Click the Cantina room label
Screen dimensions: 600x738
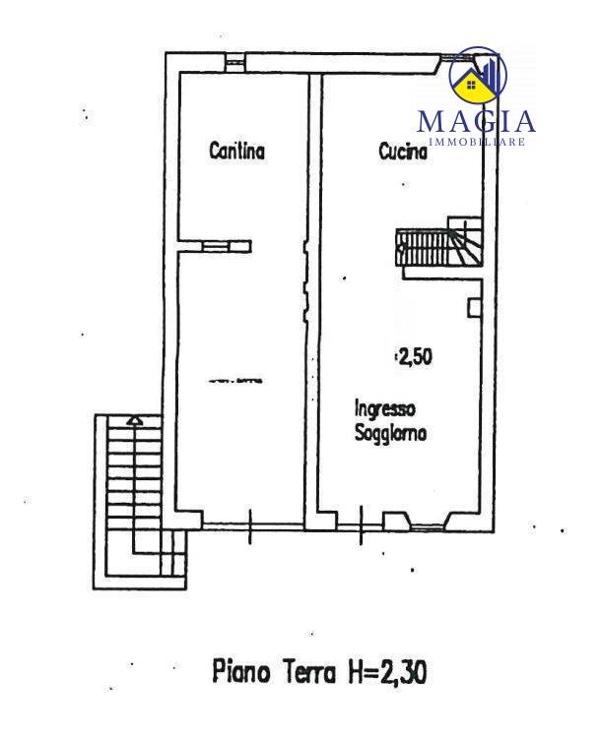tap(237, 152)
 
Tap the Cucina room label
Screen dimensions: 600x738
tap(404, 152)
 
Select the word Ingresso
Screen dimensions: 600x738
tap(384, 409)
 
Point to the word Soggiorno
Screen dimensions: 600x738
tap(390, 433)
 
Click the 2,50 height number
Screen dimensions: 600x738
tap(415, 357)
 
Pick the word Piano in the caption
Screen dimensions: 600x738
tap(241, 671)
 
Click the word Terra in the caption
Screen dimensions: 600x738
tap(309, 672)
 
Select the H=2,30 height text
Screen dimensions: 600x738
tap(387, 673)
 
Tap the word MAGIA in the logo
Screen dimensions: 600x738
tap(476, 121)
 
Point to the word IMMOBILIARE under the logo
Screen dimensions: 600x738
tap(477, 142)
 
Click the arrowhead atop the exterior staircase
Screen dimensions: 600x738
tap(135, 420)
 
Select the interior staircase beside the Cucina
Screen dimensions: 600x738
tap(439, 242)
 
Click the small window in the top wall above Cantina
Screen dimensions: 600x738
tap(233, 62)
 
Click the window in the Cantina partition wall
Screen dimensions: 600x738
tap(215, 246)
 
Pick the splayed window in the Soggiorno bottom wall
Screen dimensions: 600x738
tap(426, 522)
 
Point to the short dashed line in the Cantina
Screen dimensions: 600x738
tap(235, 381)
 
